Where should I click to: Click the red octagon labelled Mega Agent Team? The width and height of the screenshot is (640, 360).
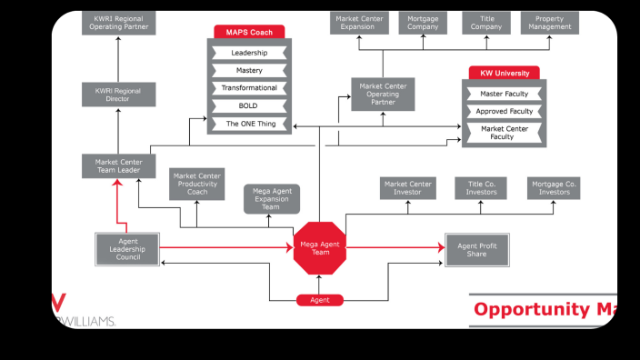[x=319, y=247]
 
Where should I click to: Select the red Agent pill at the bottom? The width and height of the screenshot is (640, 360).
[x=319, y=300]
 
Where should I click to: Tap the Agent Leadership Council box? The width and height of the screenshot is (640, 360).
[x=127, y=248]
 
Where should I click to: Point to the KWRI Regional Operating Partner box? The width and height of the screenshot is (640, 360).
[x=118, y=22]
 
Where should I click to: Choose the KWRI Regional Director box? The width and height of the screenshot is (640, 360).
[x=118, y=95]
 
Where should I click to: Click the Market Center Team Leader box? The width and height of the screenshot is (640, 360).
[x=118, y=166]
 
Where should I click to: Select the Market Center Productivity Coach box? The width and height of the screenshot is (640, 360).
[x=197, y=185]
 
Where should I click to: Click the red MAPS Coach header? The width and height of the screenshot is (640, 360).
[x=249, y=32]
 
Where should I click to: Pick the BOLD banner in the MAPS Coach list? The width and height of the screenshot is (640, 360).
[x=249, y=105]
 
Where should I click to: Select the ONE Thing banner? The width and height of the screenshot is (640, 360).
[x=249, y=123]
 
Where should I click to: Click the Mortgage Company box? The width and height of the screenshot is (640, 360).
[x=423, y=22]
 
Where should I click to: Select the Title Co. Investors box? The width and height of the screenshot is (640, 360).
[x=481, y=188]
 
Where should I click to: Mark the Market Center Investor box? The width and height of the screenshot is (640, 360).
[x=407, y=188]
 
